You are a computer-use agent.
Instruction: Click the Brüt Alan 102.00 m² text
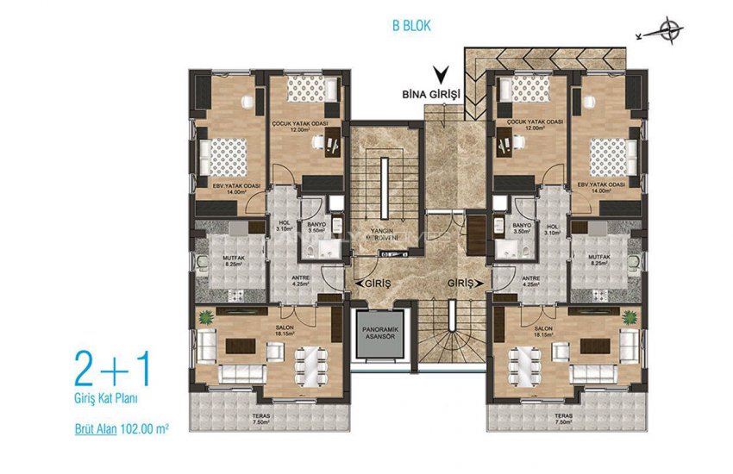tap(120, 426)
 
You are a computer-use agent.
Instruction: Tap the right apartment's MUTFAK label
tap(600, 258)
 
